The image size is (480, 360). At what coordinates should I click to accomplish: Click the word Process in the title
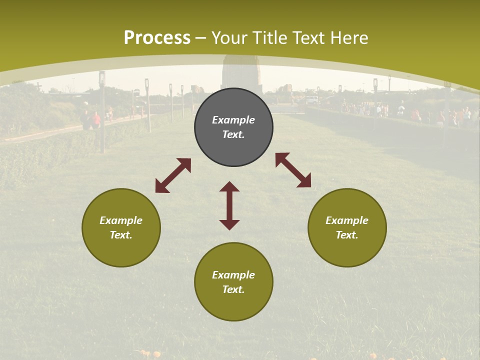click(157, 38)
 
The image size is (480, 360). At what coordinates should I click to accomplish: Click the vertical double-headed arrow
click(229, 205)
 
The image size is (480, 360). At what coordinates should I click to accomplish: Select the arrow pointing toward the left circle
click(173, 175)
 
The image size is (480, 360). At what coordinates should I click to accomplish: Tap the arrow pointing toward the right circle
click(293, 170)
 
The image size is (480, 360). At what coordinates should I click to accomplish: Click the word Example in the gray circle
click(233, 120)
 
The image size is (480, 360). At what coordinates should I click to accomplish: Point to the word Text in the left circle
click(121, 235)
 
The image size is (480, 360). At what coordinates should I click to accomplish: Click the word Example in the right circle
click(347, 220)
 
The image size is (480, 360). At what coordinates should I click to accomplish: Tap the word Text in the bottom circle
click(233, 289)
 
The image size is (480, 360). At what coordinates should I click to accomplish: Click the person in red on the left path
click(96, 120)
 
